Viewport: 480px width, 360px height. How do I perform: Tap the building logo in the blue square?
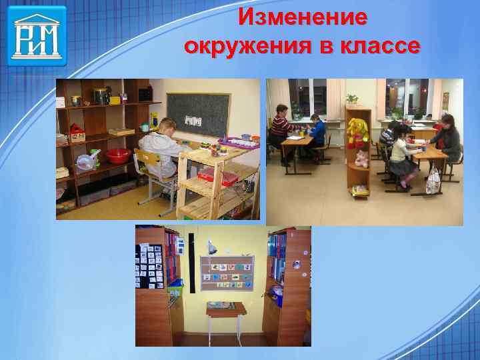[x=37, y=35]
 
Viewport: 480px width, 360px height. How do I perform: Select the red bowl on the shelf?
[x=117, y=156]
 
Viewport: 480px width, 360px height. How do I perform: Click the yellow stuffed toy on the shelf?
[x=358, y=129]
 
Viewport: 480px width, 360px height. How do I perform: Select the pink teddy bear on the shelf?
[x=361, y=159]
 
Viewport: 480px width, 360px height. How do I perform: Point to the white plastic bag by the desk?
[x=433, y=179]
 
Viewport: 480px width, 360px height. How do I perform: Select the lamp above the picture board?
[x=211, y=245]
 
